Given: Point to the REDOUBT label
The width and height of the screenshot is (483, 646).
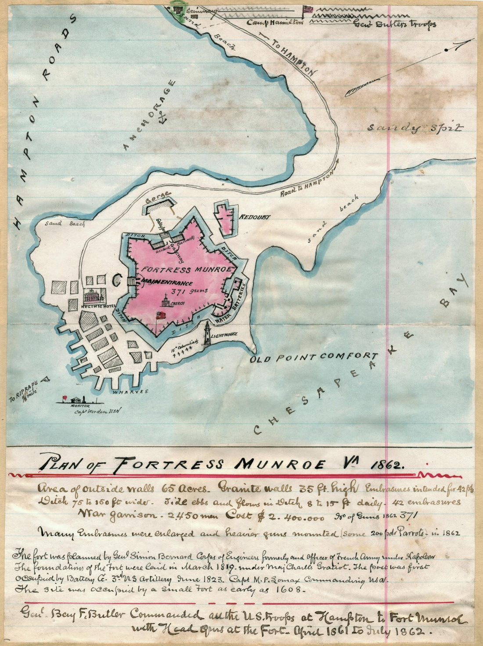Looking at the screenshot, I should tap(255, 217).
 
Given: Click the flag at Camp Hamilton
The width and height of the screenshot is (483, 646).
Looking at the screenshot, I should tap(307, 9).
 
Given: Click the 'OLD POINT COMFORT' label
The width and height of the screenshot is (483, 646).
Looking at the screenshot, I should tap(314, 357).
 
